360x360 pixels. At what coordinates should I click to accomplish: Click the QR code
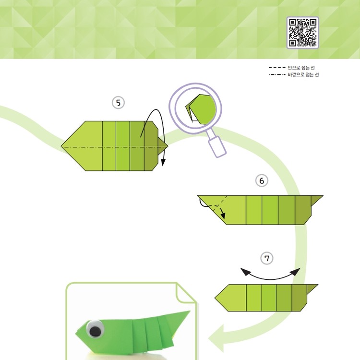(x=302, y=32)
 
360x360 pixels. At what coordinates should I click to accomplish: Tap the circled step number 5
(x=118, y=103)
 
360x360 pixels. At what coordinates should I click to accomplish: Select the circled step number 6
(x=262, y=180)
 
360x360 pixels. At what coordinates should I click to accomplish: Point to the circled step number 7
(x=267, y=258)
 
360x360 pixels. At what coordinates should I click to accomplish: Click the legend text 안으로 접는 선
(x=301, y=68)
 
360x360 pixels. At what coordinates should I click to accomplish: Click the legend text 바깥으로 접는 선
(x=303, y=74)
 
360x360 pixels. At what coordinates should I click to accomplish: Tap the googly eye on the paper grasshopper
(x=95, y=328)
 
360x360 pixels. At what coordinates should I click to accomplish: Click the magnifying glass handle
(x=217, y=146)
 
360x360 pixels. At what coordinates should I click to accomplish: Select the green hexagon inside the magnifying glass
(x=203, y=109)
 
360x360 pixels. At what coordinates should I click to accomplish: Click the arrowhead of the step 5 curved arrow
(x=163, y=163)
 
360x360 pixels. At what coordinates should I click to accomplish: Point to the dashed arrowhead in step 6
(x=223, y=216)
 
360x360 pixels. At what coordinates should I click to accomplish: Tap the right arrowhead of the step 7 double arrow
(x=296, y=272)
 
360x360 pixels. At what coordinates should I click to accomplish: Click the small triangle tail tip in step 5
(x=168, y=146)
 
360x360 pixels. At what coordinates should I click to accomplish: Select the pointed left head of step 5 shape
(x=61, y=146)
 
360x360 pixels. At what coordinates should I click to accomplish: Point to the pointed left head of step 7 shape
(x=215, y=298)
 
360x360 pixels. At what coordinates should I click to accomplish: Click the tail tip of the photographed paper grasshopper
(x=190, y=311)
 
